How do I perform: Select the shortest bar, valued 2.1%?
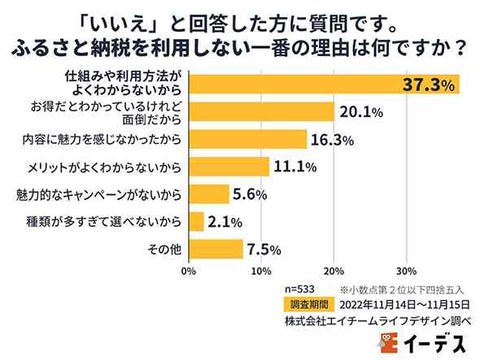(195, 220)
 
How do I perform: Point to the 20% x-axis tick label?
(334, 271)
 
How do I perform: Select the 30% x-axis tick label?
(407, 271)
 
